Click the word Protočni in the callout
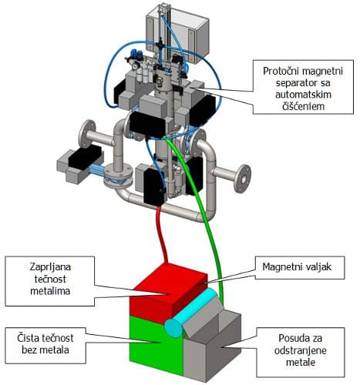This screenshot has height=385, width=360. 281,71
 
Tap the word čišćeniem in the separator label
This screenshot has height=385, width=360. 303,106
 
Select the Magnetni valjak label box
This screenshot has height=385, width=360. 300,267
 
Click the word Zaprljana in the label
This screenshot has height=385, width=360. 50,267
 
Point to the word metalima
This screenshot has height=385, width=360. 50,291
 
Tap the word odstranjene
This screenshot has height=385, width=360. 301,350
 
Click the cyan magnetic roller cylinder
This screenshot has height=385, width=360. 193,313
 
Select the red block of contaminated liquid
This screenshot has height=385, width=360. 167,291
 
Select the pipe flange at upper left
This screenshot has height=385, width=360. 87,134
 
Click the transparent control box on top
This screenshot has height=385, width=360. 177,35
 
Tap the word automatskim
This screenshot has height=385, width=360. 303,95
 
